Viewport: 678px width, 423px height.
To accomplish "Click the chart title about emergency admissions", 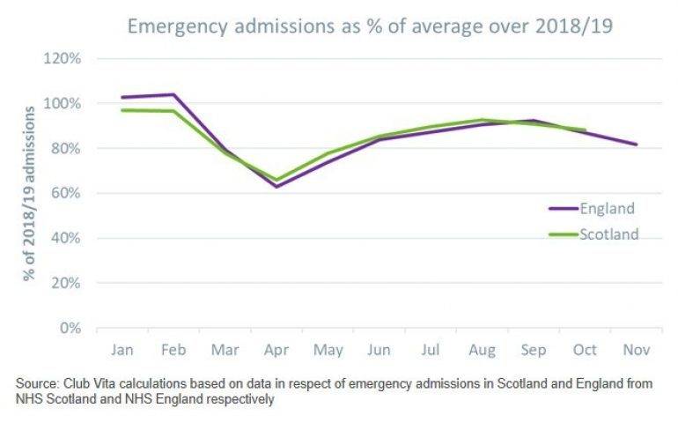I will tap(370, 26).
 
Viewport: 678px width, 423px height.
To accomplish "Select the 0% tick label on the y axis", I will tap(71, 328).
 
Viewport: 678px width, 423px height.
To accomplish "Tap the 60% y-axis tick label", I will tap(67, 193).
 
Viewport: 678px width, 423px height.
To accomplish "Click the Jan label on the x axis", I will tap(122, 350).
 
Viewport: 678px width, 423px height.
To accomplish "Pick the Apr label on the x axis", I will tap(276, 350).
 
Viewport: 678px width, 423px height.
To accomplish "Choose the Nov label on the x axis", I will tap(636, 350).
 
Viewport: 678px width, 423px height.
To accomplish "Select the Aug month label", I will tap(482, 350).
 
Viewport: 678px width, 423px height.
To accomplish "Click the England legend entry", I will tap(592, 208).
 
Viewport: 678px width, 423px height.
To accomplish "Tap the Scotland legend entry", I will tap(592, 234).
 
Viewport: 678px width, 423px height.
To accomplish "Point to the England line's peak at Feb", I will tap(173, 94).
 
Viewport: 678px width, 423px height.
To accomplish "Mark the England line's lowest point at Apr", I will tap(276, 186).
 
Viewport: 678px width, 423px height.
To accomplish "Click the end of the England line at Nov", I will tap(636, 145).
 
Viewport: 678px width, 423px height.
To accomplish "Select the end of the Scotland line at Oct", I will tap(585, 130).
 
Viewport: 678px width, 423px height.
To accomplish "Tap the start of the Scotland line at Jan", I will tap(122, 110).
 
